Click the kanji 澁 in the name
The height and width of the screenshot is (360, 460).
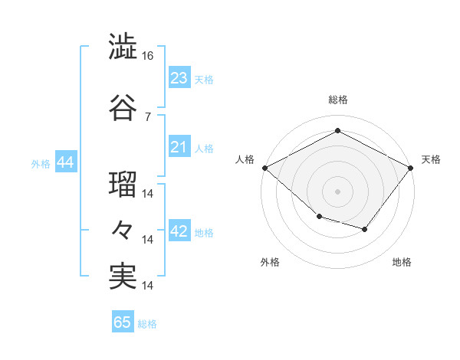click(x=123, y=46)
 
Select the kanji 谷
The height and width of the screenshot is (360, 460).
click(x=123, y=107)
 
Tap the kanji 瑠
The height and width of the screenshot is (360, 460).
click(x=123, y=184)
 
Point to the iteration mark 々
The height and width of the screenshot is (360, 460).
click(x=122, y=230)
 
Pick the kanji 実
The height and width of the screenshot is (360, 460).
click(x=123, y=277)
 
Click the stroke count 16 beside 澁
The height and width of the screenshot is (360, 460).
click(x=147, y=56)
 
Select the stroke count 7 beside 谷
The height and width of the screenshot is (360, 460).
click(x=148, y=117)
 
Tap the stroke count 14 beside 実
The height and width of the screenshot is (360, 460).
click(x=147, y=286)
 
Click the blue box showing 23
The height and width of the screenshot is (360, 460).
click(x=179, y=77)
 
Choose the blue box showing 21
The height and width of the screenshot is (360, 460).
click(x=179, y=146)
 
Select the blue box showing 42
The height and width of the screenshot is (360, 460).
click(x=179, y=230)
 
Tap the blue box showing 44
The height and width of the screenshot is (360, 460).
click(x=66, y=162)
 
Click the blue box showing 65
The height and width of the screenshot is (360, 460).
click(x=123, y=321)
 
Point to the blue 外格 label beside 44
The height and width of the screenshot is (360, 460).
click(x=41, y=164)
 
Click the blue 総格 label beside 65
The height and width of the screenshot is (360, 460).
click(x=147, y=324)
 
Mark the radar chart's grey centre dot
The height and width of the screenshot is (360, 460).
click(x=337, y=191)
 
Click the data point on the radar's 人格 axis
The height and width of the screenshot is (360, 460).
click(x=265, y=168)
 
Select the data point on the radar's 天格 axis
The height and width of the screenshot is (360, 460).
click(x=410, y=168)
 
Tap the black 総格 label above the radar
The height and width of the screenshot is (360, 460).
click(x=338, y=100)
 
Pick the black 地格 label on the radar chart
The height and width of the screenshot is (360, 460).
click(x=402, y=262)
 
